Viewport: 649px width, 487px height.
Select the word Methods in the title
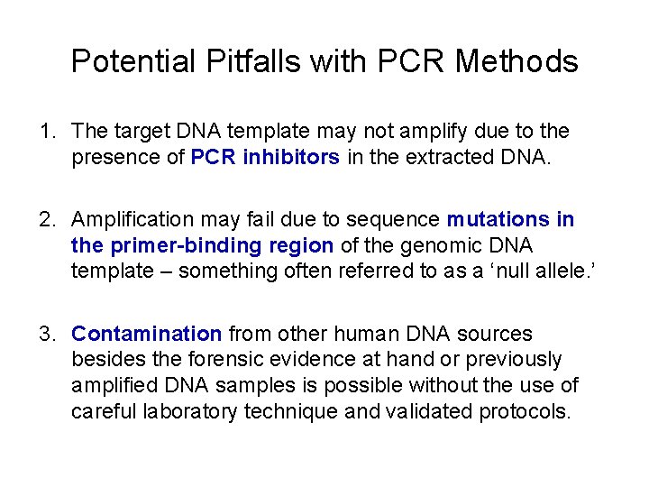tap(516, 61)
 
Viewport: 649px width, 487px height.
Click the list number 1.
tap(45, 132)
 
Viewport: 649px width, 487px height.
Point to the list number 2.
tap(45, 219)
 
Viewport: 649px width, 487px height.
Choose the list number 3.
tap(45, 334)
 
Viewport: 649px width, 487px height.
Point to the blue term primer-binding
tap(184, 245)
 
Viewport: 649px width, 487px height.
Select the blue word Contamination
tap(147, 334)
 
